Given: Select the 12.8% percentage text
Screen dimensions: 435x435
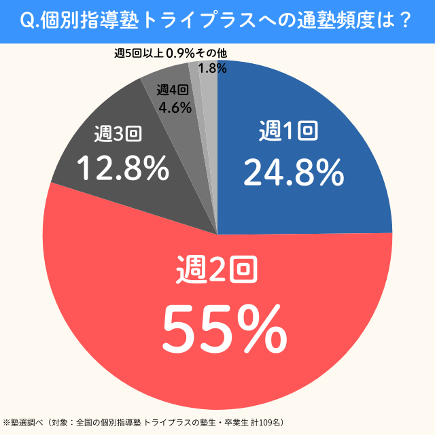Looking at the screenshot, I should pyautogui.click(x=122, y=168).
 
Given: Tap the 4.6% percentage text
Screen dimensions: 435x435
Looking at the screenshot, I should pyautogui.click(x=174, y=107).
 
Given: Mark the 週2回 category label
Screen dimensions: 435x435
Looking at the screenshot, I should pyautogui.click(x=216, y=269).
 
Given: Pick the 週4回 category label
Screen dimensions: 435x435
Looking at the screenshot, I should pyautogui.click(x=173, y=90).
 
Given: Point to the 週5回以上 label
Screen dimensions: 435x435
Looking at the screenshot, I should pyautogui.click(x=139, y=53).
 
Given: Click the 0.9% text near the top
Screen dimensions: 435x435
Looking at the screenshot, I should pyautogui.click(x=179, y=53).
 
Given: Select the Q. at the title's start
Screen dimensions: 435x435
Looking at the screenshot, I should pyautogui.click(x=31, y=20).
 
